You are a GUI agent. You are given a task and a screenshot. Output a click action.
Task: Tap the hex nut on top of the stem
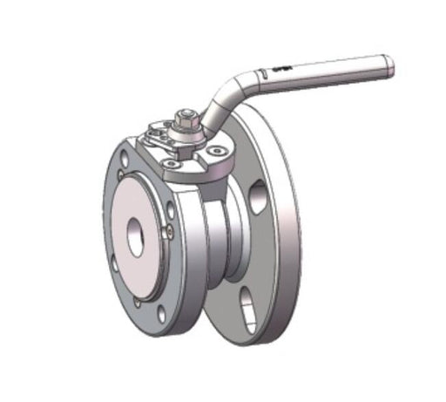tap(186, 116)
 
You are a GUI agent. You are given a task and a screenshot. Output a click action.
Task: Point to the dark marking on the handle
tap(280, 68)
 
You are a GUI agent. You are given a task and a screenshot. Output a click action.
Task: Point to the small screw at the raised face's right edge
tap(171, 230)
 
